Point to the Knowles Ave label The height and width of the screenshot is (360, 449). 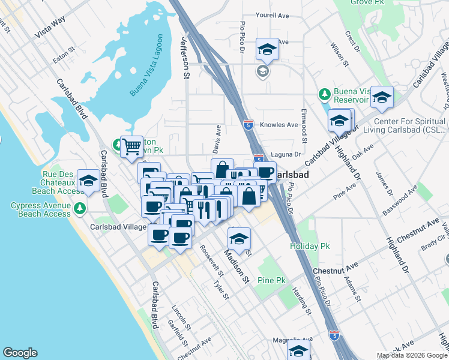pos(279,125)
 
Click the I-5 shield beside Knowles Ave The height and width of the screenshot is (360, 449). pos(248,125)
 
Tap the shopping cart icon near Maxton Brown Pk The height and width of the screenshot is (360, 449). pos(131,146)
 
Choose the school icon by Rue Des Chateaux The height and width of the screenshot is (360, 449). pos(88,181)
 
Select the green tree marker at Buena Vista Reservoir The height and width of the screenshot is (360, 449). pos(325,94)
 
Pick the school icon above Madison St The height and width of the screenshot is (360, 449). pos(239,239)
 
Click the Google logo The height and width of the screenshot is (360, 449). pos(20,353)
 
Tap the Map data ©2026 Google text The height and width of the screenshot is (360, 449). pos(411,355)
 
